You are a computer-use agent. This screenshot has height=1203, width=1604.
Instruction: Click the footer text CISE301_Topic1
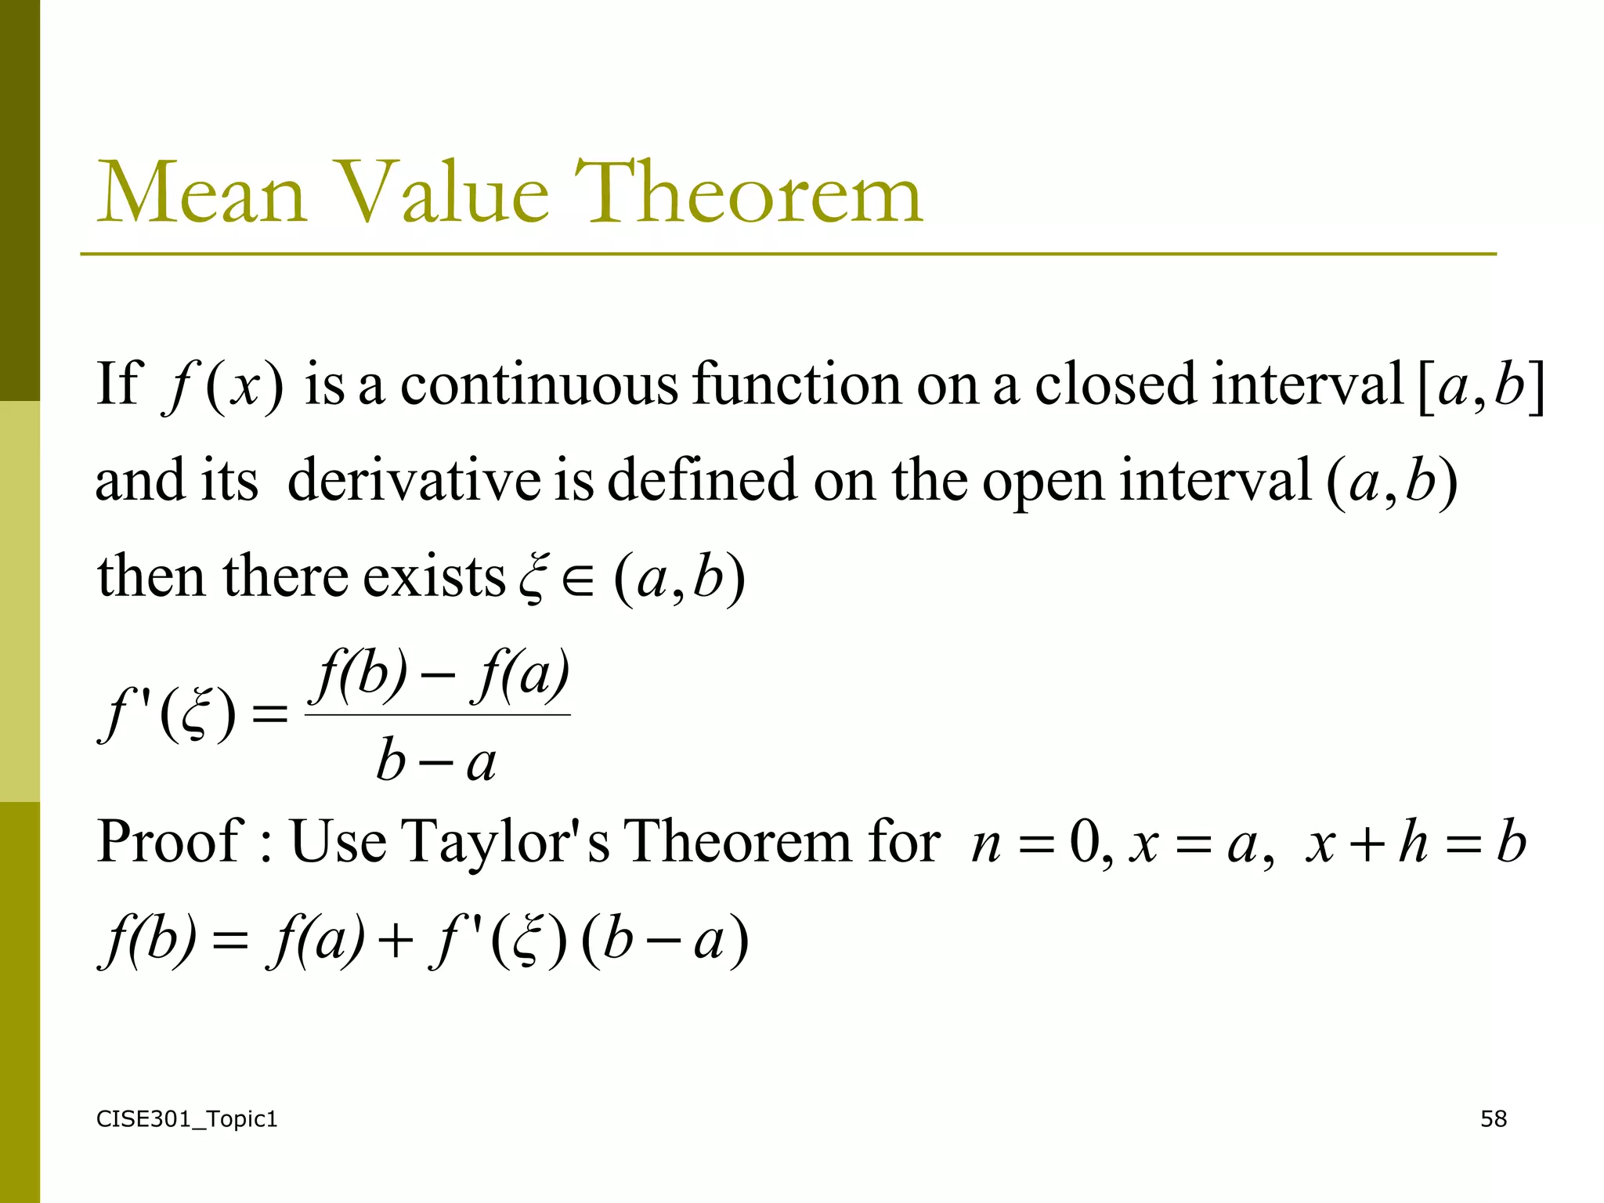[186, 1119]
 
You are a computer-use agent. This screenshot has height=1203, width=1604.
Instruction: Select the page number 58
[1493, 1119]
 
